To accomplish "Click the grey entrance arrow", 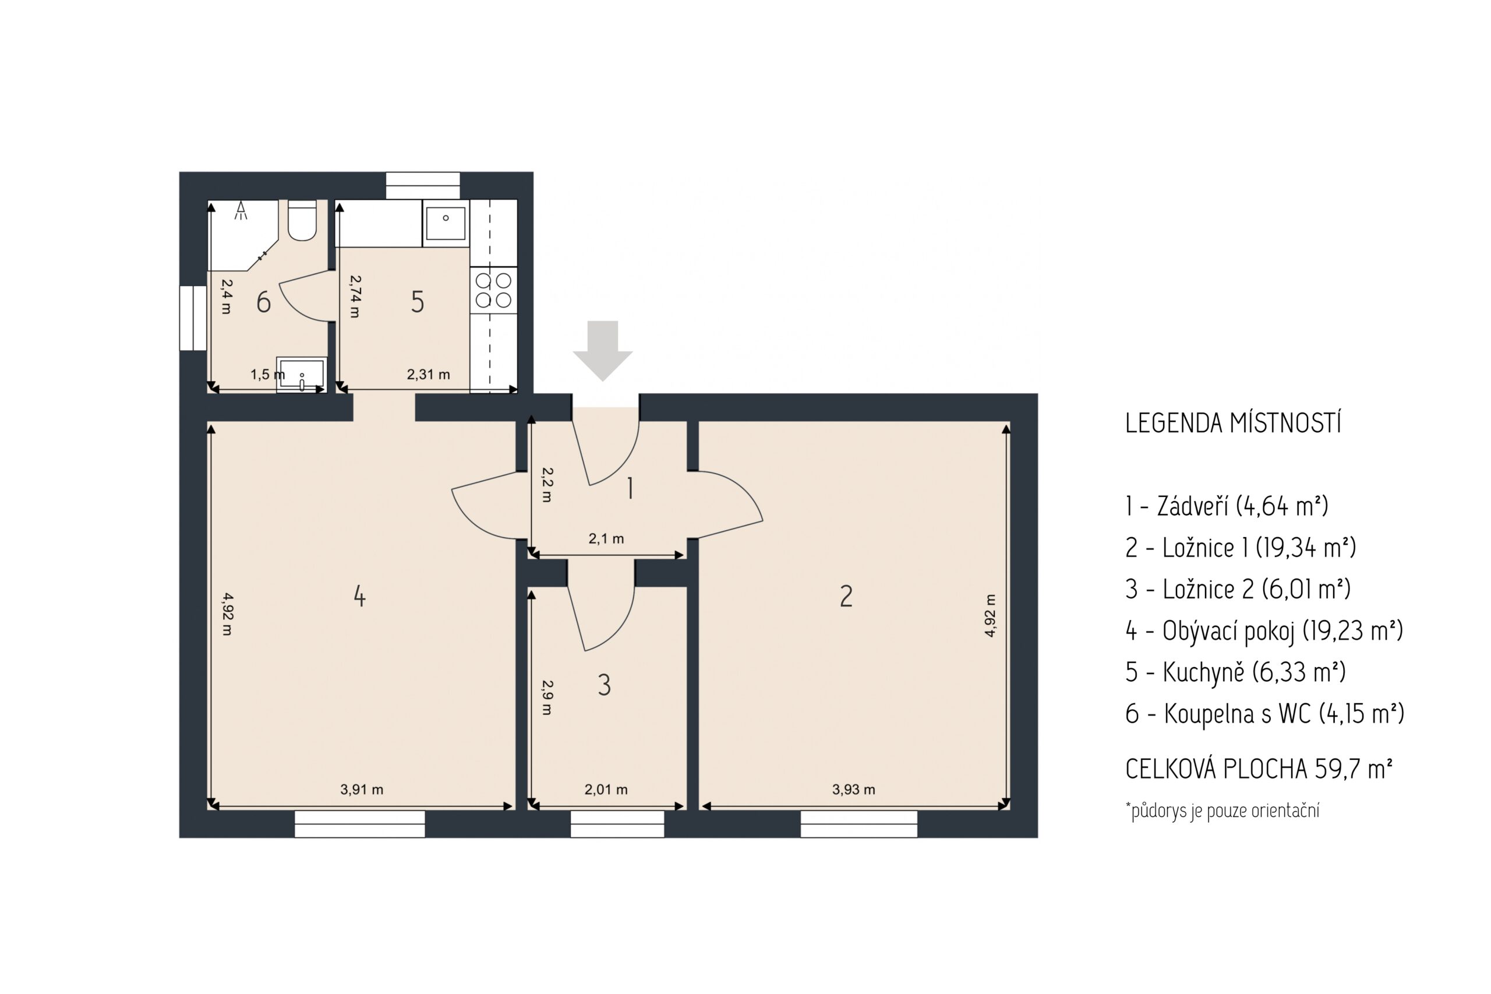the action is pos(603,351).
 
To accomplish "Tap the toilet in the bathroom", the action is pos(302,220).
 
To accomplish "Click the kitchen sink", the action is pos(446,223).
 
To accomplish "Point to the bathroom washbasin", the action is pos(302,375).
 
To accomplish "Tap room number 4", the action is pos(359,597).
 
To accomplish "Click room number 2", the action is pos(846,597).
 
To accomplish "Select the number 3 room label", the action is pos(604,685).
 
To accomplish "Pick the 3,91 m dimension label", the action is pos(362,789).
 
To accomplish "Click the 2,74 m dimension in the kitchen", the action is pos(355,296).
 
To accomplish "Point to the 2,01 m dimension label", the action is pos(606,789).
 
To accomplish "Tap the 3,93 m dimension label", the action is pos(853,789).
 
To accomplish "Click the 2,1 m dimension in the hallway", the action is pos(606,538).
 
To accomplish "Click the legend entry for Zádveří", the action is pos(1227,506).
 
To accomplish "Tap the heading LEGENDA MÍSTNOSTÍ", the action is pos(1233,424).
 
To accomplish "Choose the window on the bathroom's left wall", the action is pos(193,318).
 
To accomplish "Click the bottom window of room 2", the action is pos(858,824).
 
